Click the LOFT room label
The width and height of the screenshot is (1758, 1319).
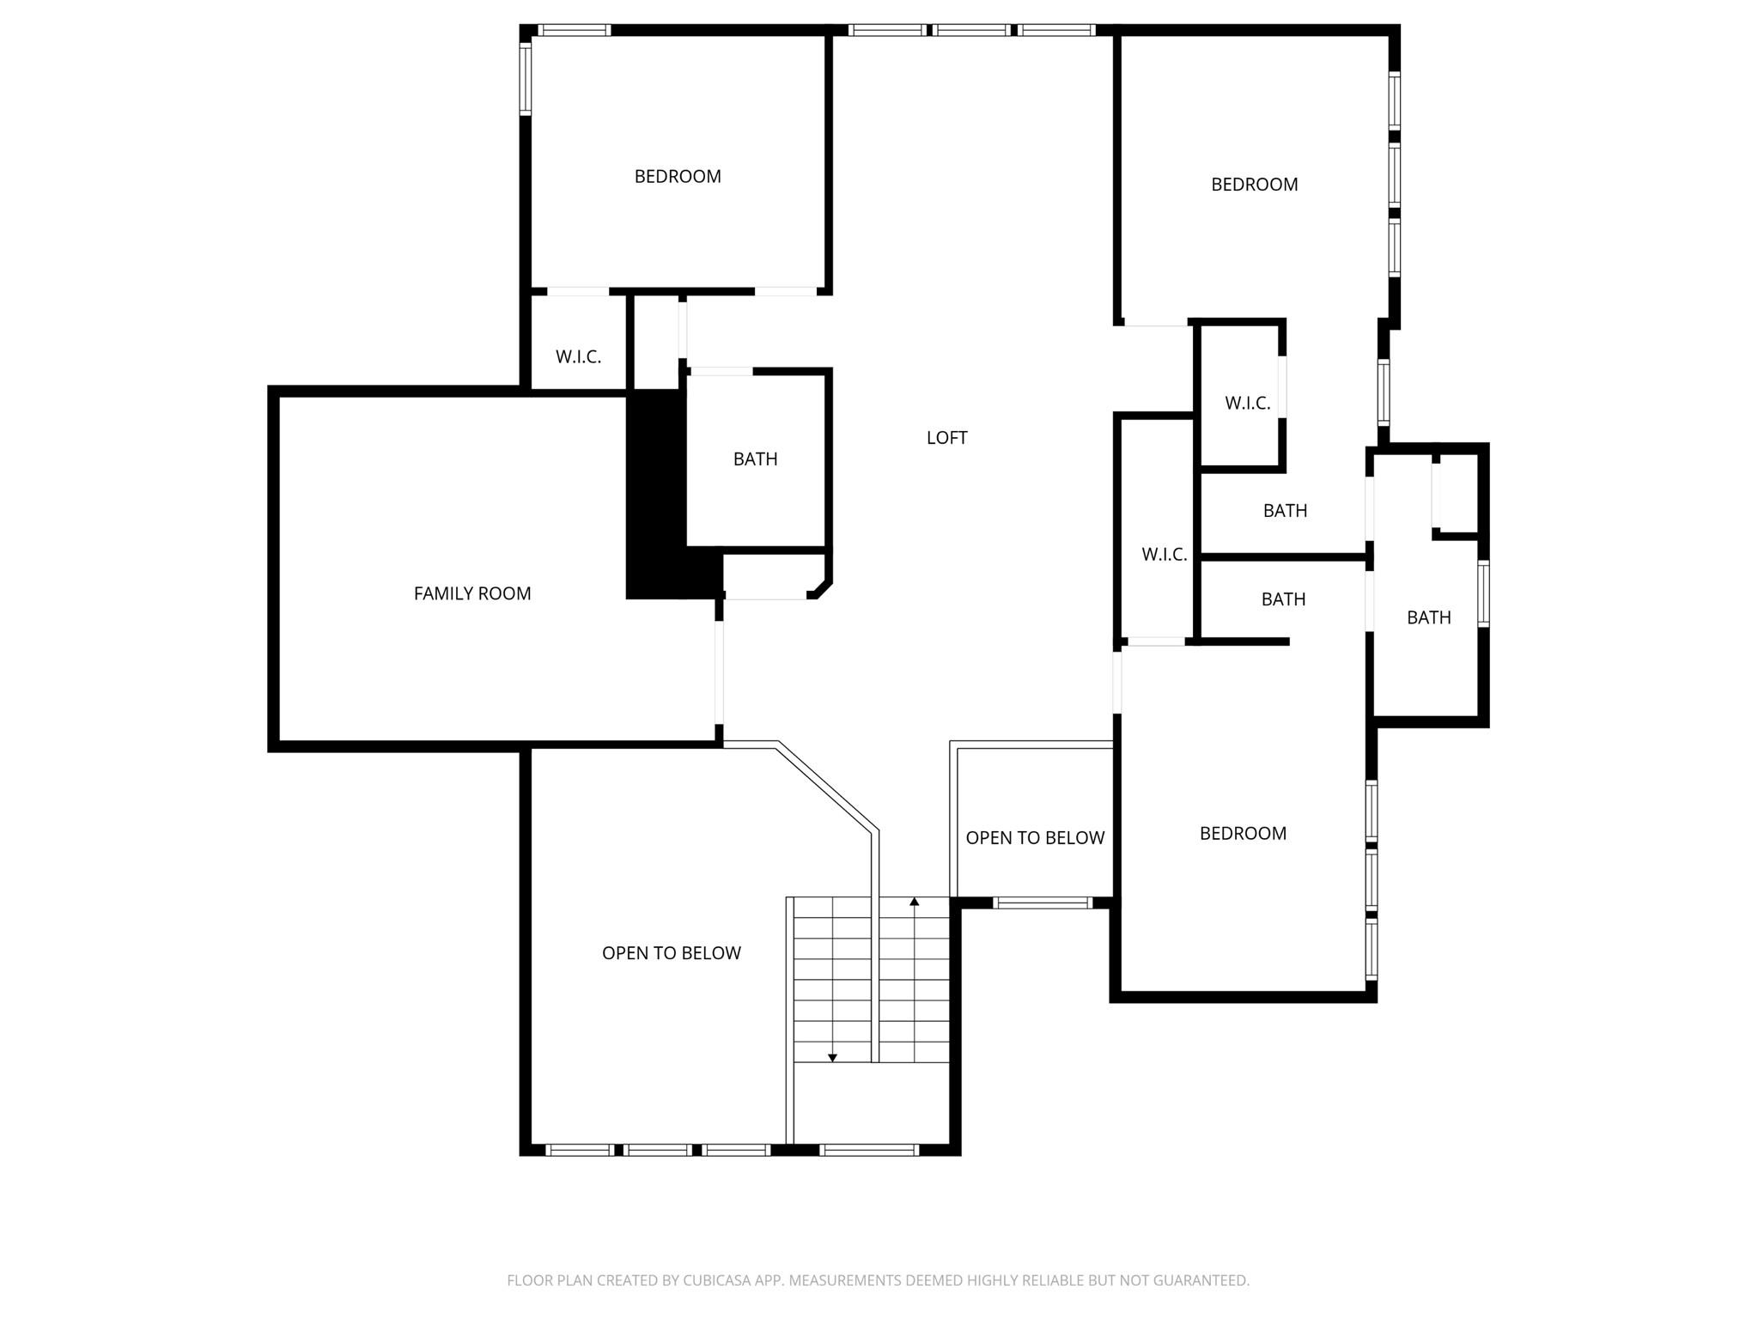946,438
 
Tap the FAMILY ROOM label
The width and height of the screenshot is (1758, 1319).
472,593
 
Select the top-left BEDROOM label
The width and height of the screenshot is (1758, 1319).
678,177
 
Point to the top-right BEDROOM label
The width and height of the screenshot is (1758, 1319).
1254,185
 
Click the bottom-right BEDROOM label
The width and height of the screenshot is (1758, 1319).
1243,834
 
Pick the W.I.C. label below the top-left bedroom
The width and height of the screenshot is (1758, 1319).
578,357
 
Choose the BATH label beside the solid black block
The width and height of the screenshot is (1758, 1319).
755,459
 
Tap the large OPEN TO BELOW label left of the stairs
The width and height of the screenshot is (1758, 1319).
671,953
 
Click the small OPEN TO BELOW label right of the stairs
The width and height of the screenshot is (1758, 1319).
1035,838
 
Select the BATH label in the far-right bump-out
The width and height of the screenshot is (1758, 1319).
1428,617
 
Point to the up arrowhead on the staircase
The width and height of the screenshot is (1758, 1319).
915,902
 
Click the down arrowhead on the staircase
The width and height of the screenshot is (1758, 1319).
831,1058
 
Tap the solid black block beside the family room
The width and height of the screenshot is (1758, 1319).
657,495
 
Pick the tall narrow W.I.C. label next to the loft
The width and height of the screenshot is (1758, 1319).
1164,555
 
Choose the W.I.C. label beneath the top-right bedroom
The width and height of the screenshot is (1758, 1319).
1247,403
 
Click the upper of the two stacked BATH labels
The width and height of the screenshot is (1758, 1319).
1285,511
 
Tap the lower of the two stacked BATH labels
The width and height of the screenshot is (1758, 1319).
1283,599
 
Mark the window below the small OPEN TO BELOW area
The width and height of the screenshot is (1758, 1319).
1042,903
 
